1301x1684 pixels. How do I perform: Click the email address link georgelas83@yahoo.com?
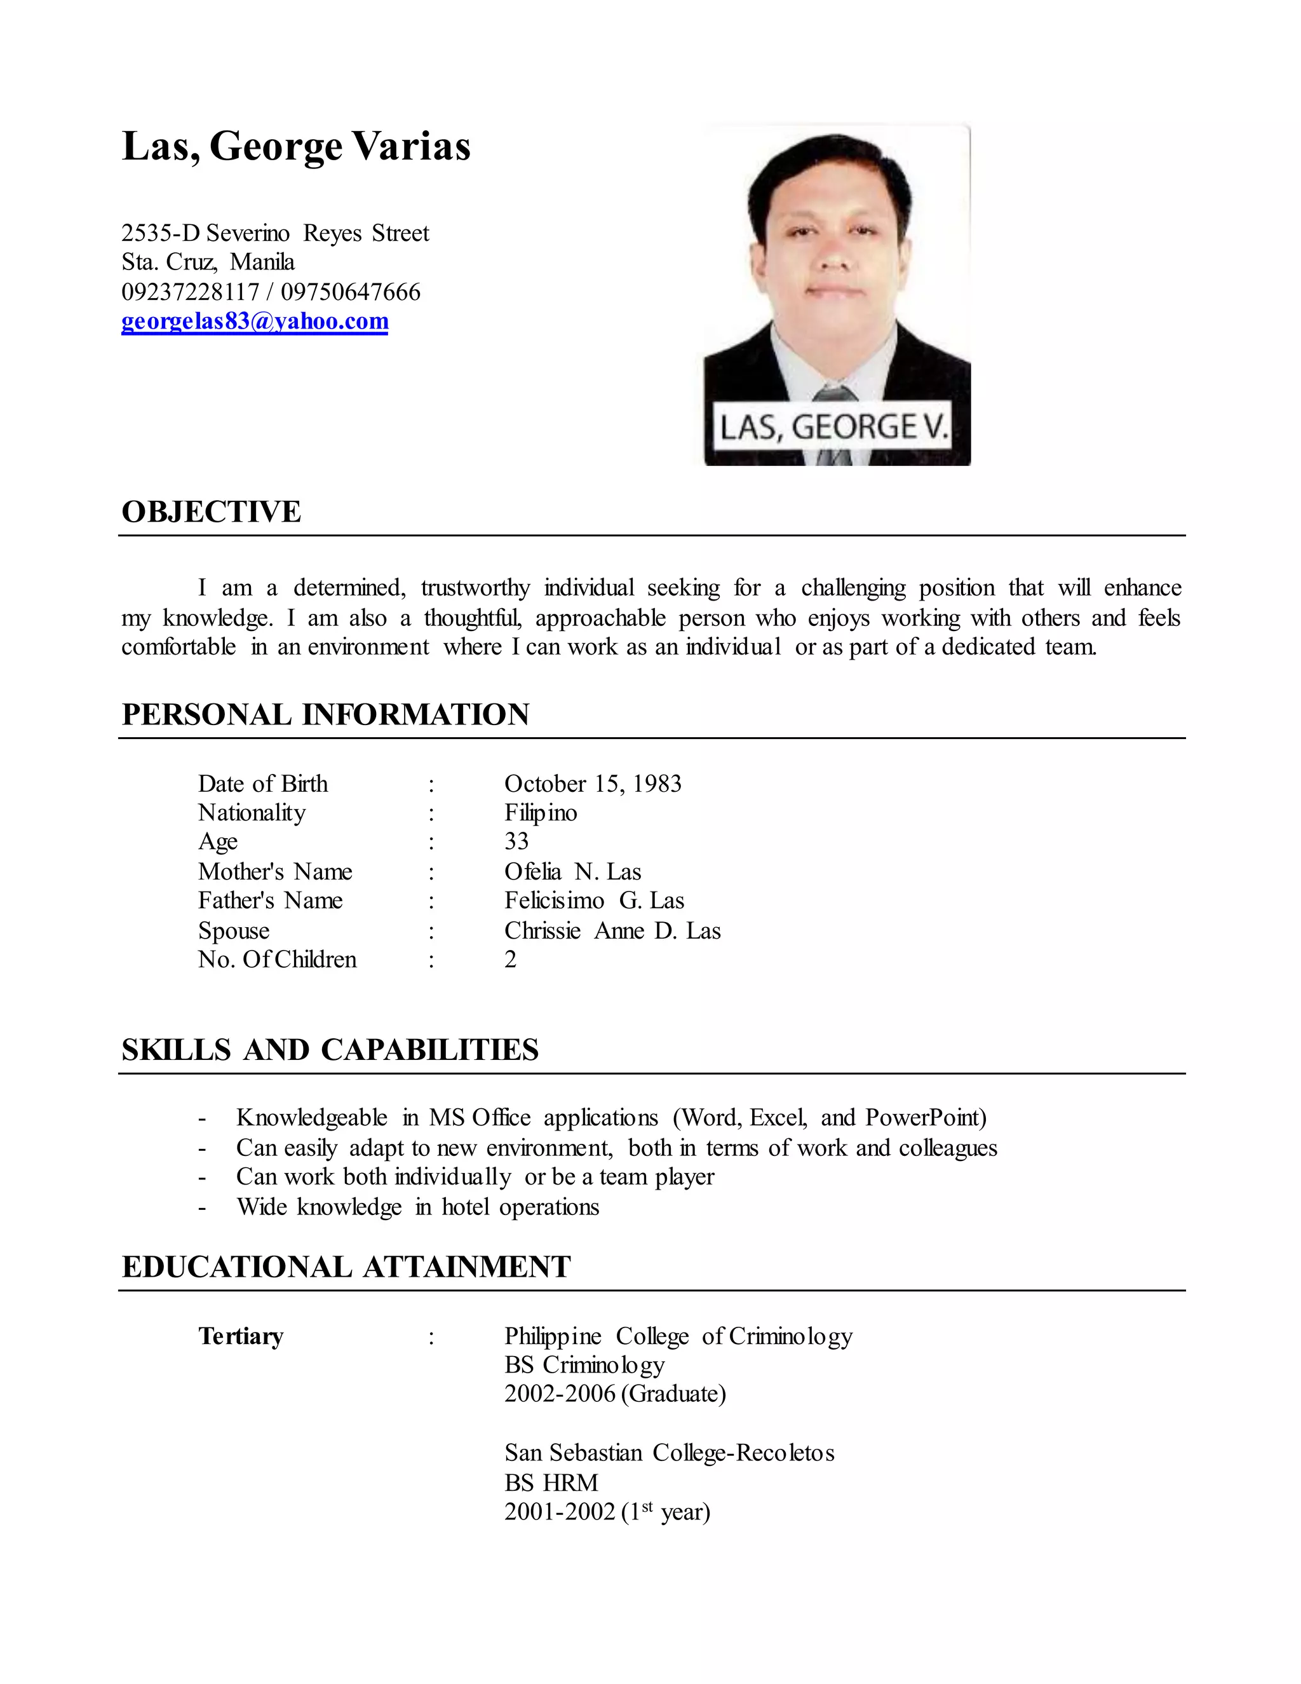254,321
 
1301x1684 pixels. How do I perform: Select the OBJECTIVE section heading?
211,512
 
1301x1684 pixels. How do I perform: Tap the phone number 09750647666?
351,292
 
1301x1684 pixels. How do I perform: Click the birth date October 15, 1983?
593,784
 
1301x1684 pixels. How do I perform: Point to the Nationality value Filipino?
541,813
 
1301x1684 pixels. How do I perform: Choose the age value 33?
516,841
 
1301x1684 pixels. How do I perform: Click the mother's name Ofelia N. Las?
572,871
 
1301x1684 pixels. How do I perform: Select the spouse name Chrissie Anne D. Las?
612,931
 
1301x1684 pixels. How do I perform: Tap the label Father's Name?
270,900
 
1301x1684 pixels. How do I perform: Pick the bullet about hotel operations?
418,1207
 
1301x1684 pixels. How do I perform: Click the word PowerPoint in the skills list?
925,1118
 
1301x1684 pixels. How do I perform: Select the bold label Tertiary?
241,1336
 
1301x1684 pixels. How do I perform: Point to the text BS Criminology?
584,1366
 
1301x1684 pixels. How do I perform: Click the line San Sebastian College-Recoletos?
669,1453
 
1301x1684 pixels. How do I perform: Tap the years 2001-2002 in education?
560,1512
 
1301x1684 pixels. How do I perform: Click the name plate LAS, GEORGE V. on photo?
832,426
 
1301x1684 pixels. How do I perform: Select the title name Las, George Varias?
296,147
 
